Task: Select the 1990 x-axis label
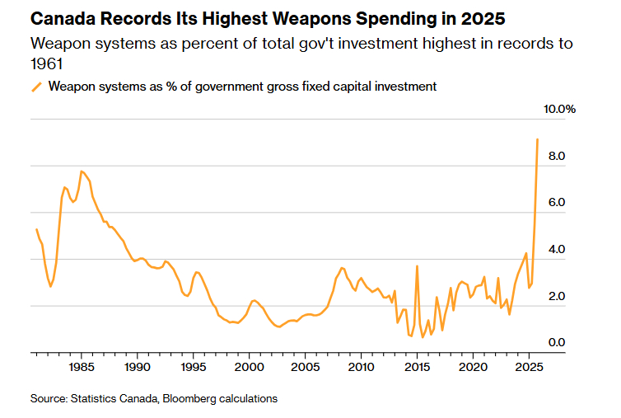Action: (137, 367)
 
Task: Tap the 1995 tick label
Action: (193, 367)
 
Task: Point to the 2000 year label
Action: (249, 367)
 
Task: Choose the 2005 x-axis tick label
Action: (305, 367)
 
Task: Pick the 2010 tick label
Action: (361, 367)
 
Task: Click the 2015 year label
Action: (417, 367)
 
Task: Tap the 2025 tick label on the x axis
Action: (528, 367)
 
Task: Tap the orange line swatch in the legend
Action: (35, 87)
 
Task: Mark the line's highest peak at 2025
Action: (537, 139)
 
